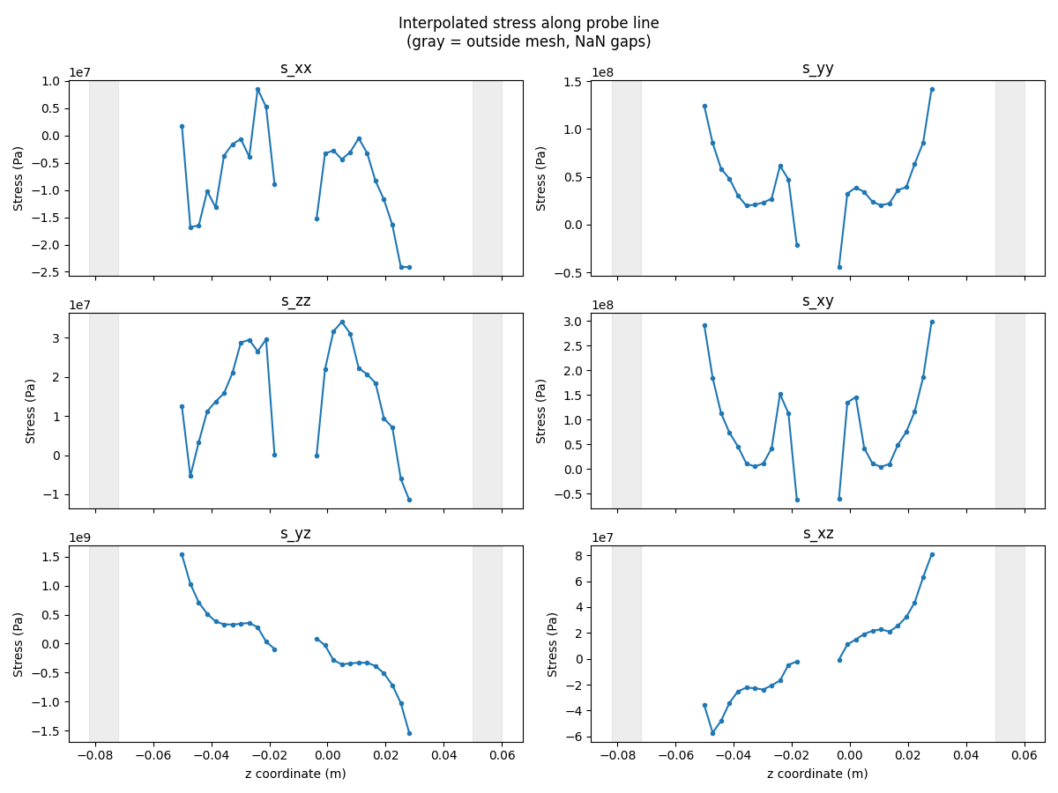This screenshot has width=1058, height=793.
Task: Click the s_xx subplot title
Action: click(295, 69)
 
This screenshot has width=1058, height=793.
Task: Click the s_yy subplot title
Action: click(817, 69)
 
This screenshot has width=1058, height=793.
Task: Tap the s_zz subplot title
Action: click(295, 301)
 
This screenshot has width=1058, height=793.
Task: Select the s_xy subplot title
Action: click(817, 301)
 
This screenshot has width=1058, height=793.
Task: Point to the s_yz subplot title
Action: click(295, 534)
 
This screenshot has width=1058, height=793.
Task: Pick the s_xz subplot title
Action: click(817, 534)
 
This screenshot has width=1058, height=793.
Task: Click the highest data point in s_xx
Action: click(257, 89)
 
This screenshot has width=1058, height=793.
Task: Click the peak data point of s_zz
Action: click(342, 322)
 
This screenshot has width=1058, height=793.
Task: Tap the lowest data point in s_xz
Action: click(712, 733)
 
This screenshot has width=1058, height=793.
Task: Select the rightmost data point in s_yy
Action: click(932, 89)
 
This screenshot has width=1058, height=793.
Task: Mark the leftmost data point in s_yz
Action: click(182, 554)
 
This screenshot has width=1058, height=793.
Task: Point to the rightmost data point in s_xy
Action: click(932, 322)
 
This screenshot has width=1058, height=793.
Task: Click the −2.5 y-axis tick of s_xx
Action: click(49, 272)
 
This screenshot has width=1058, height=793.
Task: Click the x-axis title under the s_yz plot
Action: click(295, 774)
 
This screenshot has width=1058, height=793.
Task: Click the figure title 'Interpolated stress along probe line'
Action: click(528, 23)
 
